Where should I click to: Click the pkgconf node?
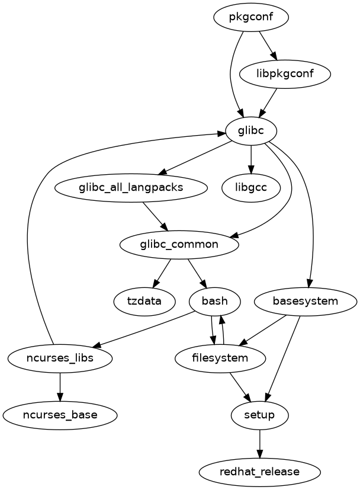[251, 17]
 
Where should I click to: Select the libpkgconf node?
[285, 74]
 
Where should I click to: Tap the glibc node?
[251, 131]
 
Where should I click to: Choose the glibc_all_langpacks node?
[131, 188]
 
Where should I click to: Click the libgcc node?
[251, 188]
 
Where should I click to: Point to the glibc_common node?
[179, 245]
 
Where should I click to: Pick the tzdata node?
[144, 301]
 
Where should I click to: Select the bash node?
[214, 301]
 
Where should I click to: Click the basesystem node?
[305, 301]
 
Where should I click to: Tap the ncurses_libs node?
[60, 358]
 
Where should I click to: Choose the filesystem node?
[220, 358]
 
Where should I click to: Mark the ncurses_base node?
[60, 415]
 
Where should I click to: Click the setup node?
[259, 415]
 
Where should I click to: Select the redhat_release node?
[259, 472]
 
